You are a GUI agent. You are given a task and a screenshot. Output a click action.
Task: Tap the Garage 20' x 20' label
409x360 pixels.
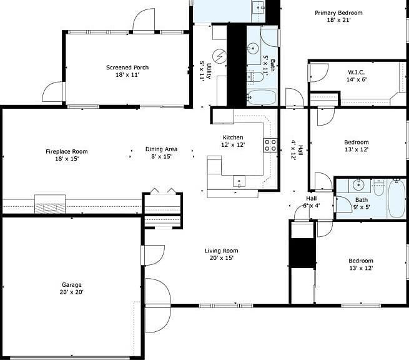point(71,288)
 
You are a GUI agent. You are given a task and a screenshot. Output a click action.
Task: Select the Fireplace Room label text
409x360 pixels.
point(67,151)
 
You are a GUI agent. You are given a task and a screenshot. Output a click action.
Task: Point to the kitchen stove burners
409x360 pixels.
point(270,145)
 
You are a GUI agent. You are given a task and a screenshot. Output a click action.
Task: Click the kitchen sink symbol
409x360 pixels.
point(239,181)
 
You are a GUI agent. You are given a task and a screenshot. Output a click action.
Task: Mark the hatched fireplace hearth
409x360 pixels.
point(50,208)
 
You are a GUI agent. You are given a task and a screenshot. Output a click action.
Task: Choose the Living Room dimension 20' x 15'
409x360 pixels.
point(222,258)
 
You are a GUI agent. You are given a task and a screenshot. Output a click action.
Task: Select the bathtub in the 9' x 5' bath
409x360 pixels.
point(397,199)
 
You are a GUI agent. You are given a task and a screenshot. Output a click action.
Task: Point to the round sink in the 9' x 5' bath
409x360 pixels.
point(359,185)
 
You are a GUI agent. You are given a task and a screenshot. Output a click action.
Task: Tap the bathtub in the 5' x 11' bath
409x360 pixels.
point(262,97)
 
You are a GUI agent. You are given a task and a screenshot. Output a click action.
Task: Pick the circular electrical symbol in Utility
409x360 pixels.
point(219,56)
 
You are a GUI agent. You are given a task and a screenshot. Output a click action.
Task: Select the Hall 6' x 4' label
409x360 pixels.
point(312,202)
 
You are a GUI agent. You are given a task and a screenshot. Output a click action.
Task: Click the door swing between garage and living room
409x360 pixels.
point(154,255)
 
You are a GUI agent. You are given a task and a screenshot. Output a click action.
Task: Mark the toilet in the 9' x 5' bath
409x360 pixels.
point(379,187)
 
